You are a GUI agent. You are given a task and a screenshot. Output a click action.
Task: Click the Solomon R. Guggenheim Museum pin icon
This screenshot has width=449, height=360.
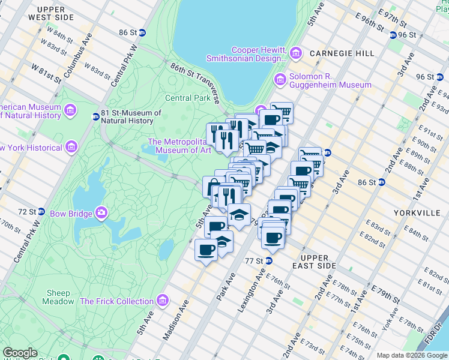[280, 80]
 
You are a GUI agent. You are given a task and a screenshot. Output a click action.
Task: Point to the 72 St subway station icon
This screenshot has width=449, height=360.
[41, 212]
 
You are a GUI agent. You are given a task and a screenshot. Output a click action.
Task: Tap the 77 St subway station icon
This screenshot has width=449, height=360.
[270, 261]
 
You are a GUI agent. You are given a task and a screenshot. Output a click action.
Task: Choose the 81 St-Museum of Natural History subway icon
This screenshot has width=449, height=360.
[95, 116]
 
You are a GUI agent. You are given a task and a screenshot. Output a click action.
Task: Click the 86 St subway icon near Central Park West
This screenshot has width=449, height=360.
[142, 32]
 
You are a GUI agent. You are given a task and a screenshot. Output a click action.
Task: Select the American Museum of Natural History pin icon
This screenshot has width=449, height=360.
[71, 110]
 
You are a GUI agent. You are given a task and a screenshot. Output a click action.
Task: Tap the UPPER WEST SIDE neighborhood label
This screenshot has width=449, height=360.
[63, 14]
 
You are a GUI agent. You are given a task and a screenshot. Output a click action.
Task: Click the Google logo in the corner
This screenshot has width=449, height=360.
[20, 353]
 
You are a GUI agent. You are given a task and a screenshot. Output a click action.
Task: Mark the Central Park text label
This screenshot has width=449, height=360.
[188, 98]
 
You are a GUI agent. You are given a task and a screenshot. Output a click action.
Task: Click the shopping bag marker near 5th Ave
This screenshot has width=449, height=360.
[212, 186]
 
